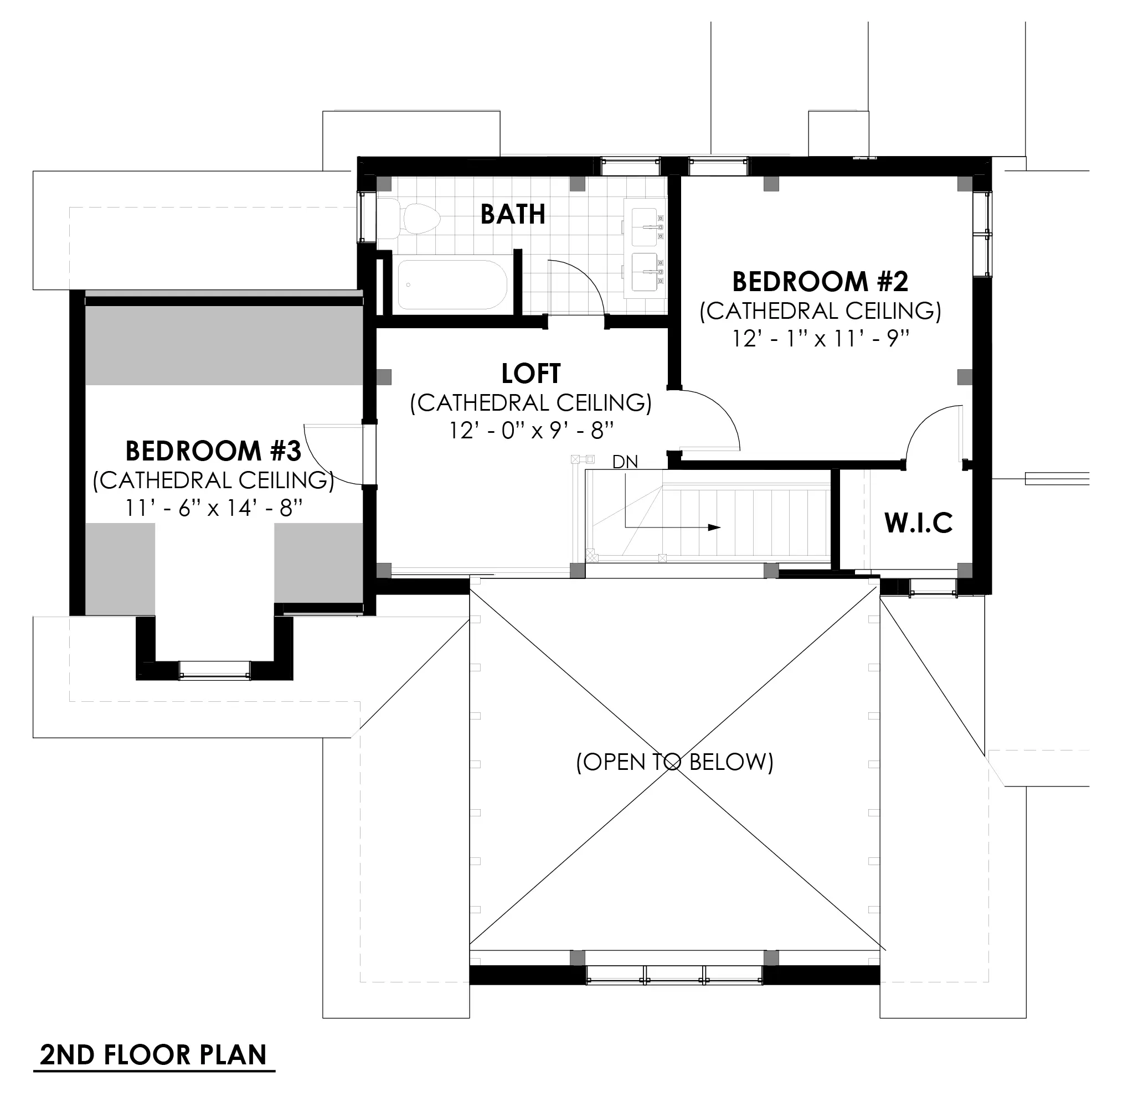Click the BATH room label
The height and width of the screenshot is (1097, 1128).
point(512,214)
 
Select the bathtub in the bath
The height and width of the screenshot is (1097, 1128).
point(452,284)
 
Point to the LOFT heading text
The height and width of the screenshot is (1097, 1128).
point(530,374)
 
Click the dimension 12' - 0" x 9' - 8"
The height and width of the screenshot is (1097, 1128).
point(530,431)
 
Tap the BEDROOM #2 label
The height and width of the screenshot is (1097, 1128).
point(820,282)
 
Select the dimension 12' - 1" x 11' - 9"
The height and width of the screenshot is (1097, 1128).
point(820,339)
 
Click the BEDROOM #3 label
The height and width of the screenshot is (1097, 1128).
point(213,451)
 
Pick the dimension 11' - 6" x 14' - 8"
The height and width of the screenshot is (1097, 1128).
point(213,508)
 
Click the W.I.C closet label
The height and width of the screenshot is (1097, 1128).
point(918,522)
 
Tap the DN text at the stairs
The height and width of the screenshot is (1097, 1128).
point(625,462)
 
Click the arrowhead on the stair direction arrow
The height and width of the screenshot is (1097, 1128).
point(715,527)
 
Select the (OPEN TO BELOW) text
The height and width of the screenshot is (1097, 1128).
point(674,762)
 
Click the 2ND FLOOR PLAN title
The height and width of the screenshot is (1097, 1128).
point(153,1055)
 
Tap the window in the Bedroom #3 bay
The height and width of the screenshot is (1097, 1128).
point(214,670)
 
